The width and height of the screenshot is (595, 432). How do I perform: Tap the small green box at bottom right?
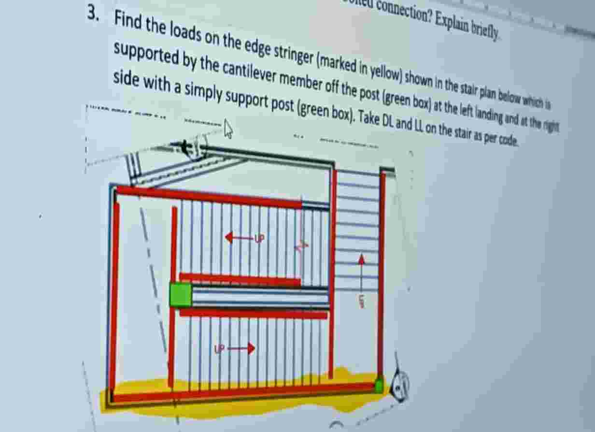pyautogui.click(x=379, y=386)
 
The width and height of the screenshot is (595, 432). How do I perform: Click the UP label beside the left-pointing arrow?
pyautogui.click(x=259, y=238)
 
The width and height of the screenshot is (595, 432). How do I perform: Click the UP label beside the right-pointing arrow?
pyautogui.click(x=220, y=348)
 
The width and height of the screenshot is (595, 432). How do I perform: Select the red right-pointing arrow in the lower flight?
pyautogui.click(x=241, y=348)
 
